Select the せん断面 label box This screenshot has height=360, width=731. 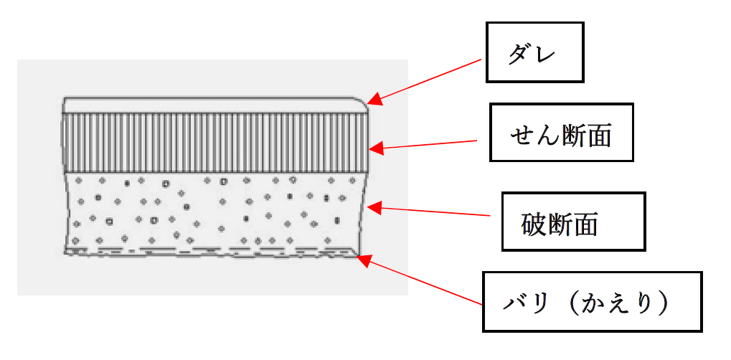pyautogui.click(x=561, y=133)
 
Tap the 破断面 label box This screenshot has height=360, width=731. pyautogui.click(x=572, y=222)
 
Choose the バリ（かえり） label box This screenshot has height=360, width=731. pyautogui.click(x=591, y=301)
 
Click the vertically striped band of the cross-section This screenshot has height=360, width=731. pyautogui.click(x=215, y=142)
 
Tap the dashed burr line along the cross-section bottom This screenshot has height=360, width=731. pyautogui.click(x=215, y=251)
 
